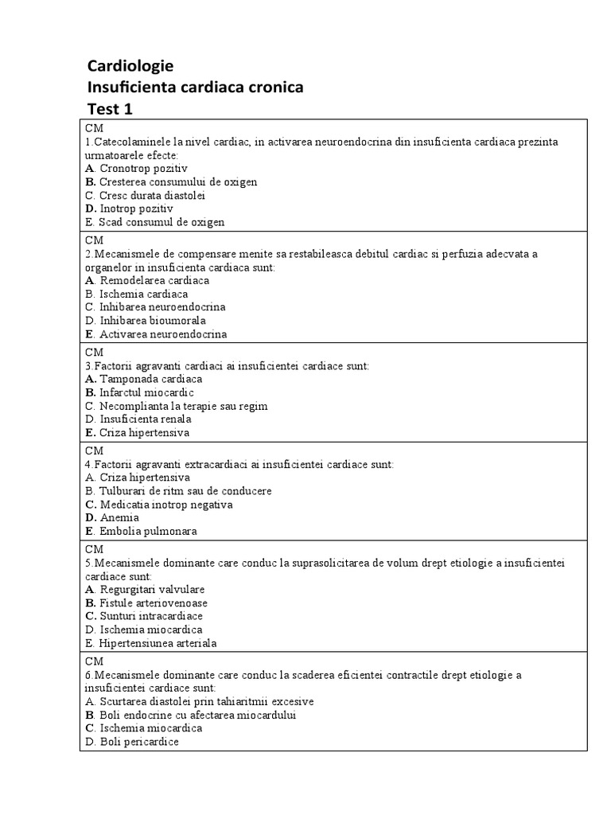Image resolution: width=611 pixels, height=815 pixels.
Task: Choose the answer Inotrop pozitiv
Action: (136, 209)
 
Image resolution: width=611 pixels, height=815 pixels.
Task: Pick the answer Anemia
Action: (119, 518)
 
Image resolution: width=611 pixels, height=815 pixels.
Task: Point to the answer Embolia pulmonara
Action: (148, 531)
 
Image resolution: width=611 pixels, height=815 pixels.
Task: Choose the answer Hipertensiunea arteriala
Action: (158, 643)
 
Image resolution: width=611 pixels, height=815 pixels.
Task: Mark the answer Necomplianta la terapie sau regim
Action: (183, 406)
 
